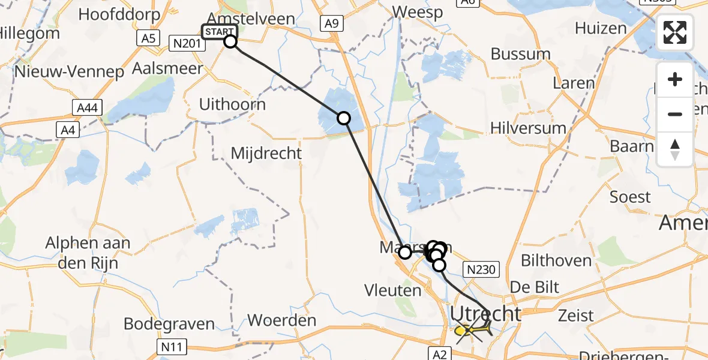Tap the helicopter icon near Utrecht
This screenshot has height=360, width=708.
point(473,330)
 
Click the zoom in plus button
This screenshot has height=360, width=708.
point(675,80)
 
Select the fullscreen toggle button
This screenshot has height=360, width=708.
point(675,32)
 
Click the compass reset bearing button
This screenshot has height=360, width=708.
point(675,149)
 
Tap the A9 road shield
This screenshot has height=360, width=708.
point(332,23)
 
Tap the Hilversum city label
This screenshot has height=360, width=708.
point(528,128)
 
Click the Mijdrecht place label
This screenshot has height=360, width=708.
point(266,154)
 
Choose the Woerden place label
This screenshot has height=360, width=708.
point(281,320)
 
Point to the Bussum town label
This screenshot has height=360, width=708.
point(520,54)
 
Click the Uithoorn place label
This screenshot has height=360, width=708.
point(232,104)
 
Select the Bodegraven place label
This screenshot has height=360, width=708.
point(169,325)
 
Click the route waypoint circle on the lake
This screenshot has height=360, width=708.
point(344,118)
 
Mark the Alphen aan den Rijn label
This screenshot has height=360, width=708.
point(88,253)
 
